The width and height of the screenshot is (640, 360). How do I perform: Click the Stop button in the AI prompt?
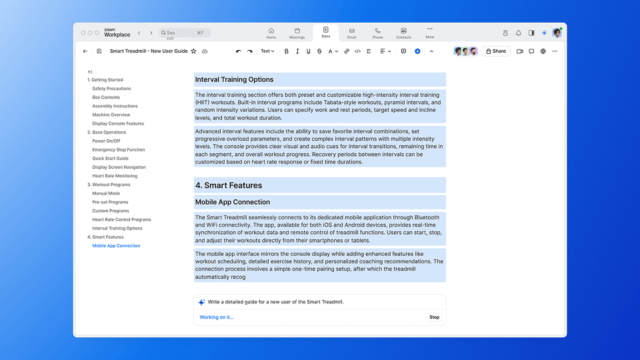(434, 317)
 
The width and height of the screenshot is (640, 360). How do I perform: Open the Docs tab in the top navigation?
(325, 33)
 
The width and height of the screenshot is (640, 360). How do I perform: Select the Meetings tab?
(297, 33)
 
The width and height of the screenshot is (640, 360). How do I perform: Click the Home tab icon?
(271, 30)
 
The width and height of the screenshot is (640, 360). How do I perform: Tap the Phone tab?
(377, 33)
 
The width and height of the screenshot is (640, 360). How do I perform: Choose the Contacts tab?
(403, 33)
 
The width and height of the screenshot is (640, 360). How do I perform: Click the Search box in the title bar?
(185, 33)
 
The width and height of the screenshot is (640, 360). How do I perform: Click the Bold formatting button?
(287, 51)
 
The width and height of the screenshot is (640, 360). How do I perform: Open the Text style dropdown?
(267, 51)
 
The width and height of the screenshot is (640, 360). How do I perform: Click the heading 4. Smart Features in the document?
(229, 185)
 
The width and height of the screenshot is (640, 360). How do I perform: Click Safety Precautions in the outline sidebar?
(111, 89)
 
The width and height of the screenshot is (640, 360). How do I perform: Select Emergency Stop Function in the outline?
(118, 150)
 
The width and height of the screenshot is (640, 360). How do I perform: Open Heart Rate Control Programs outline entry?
(121, 219)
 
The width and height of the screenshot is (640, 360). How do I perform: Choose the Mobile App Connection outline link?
(116, 246)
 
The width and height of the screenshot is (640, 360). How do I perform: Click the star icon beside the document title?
(194, 51)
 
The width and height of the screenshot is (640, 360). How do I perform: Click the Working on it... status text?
(217, 317)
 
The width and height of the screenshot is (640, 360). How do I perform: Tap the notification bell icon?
(518, 33)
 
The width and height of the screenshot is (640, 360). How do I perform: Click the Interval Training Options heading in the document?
(234, 80)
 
